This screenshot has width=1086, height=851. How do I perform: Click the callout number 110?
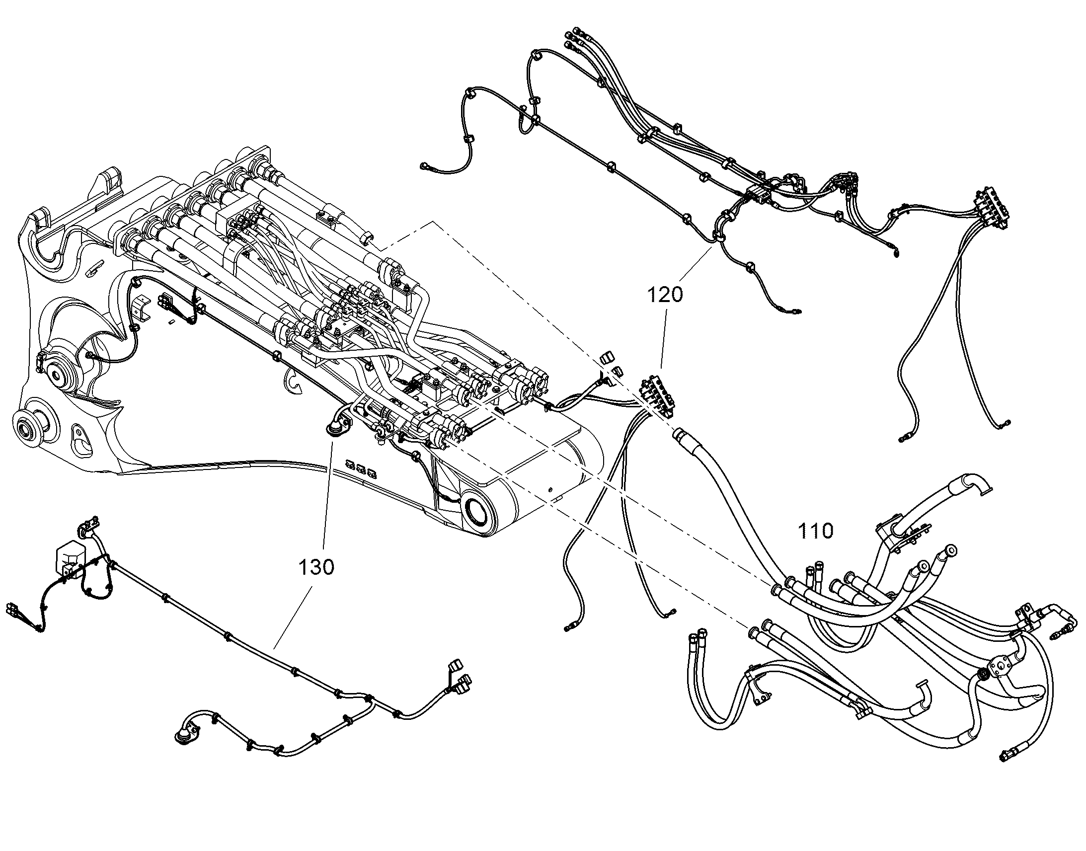(816, 531)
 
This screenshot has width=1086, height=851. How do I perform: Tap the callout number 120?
(665, 295)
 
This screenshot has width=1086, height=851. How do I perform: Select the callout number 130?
(316, 566)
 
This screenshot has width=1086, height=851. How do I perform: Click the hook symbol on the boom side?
(292, 383)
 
